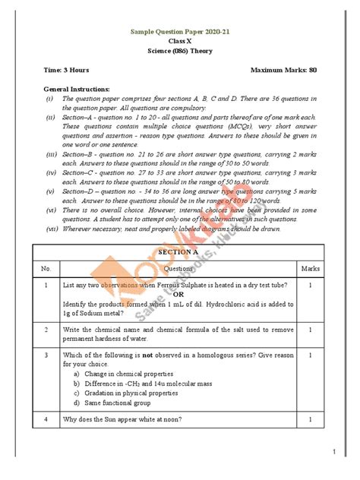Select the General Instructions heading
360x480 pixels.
[77, 89]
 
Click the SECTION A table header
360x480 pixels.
[180, 251]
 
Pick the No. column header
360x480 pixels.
[46, 268]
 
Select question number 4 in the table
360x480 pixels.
[46, 418]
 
